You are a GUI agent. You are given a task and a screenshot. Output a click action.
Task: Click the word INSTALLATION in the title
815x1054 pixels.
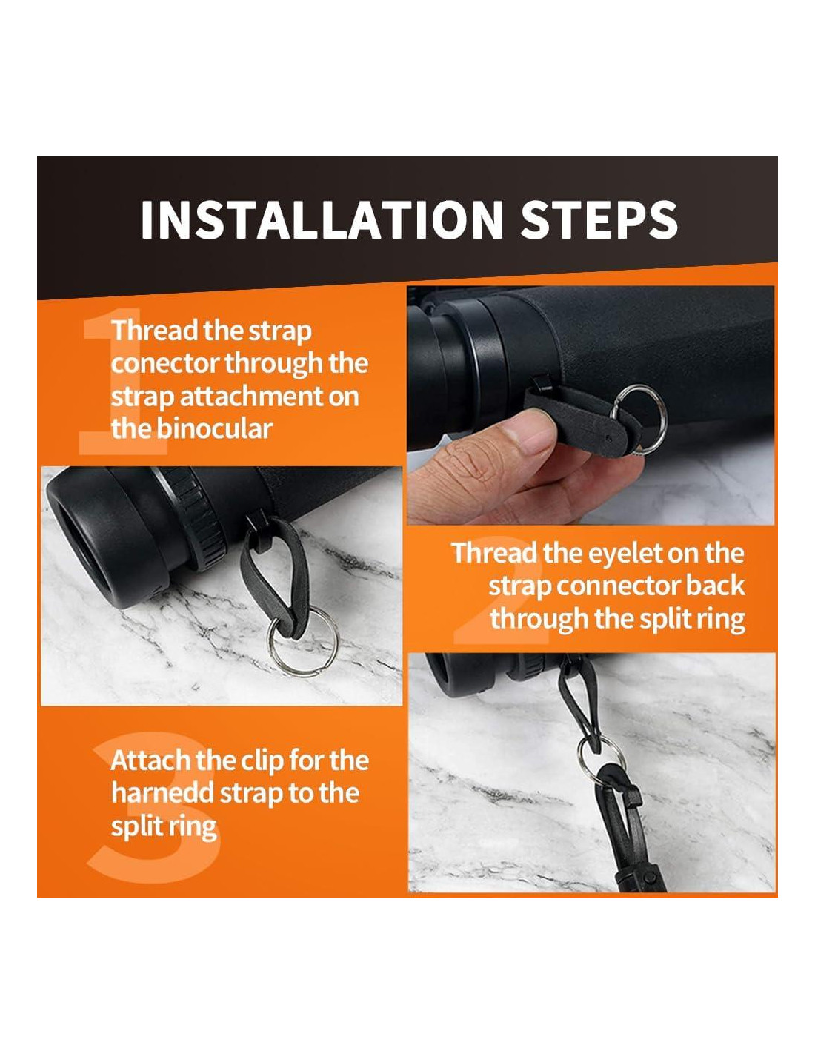pos(322,219)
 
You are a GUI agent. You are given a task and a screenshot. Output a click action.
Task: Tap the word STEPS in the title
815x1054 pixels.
pos(598,219)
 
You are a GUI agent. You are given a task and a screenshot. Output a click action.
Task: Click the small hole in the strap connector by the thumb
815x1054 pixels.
pos(610,438)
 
